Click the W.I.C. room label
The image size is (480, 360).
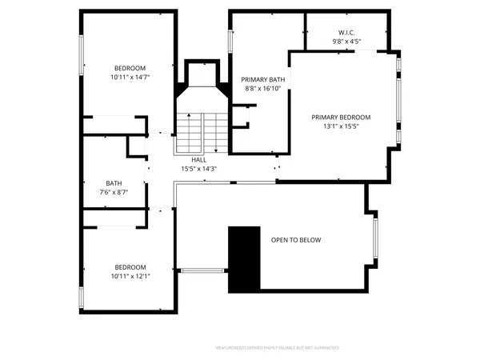[346, 33]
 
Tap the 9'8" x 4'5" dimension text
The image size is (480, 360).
[346, 41]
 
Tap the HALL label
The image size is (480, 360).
[198, 160]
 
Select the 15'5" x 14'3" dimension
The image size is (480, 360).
[198, 168]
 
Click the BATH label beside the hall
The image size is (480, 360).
[114, 183]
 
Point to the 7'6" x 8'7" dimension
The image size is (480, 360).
[114, 192]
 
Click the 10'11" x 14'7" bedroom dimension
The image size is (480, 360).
[130, 77]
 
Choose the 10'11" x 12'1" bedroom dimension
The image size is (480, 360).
[130, 276]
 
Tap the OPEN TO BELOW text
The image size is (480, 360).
[296, 240]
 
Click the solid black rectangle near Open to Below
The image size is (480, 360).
[244, 259]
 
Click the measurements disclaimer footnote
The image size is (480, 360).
[277, 348]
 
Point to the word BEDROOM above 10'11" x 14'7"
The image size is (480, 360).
[130, 68]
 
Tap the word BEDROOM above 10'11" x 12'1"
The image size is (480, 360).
[130, 267]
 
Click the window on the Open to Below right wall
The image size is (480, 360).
[375, 239]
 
